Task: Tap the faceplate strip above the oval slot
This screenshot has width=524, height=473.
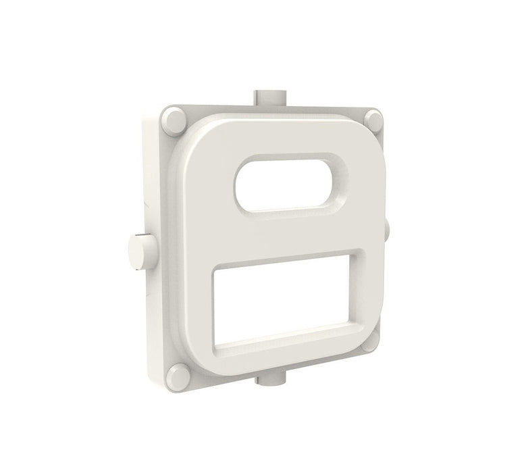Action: [284, 139]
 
